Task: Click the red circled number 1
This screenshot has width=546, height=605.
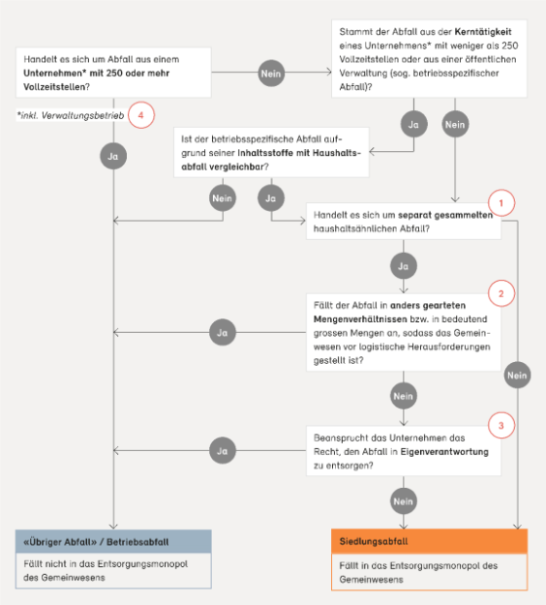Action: point(501,203)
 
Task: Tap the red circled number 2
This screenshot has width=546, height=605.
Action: point(501,293)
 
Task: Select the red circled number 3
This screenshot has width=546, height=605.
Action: point(501,426)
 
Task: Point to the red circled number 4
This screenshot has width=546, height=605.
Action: point(140,115)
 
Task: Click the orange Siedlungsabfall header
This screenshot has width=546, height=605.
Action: point(429,541)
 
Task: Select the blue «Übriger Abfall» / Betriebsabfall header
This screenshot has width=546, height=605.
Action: point(113,541)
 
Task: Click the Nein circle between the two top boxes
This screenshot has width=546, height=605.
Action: point(271,73)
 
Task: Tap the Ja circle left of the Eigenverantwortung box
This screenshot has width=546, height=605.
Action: point(223,450)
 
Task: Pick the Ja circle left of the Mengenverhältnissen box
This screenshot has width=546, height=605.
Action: point(223,332)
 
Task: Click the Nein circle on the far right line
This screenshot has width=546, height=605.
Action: point(517,375)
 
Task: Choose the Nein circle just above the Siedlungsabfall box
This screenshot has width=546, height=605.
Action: point(404,501)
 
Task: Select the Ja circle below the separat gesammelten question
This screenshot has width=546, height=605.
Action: point(404,266)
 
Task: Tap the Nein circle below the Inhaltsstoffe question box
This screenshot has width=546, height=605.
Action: point(223,197)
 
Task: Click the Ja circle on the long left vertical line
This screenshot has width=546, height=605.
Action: point(113,156)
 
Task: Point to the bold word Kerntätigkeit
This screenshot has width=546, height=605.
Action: point(483,32)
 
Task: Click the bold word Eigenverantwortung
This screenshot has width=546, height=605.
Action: point(444,452)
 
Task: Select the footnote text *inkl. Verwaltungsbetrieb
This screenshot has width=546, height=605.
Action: point(71,115)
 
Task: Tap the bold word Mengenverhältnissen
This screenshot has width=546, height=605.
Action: point(360,319)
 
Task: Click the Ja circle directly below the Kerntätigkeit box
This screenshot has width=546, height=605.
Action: point(413,124)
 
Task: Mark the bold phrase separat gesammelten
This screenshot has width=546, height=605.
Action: point(445,215)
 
